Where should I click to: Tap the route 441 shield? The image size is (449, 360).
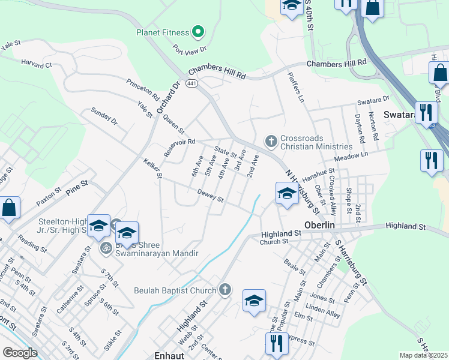pyautogui.click(x=191, y=83)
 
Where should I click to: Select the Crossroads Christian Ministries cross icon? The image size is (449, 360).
pyautogui.click(x=271, y=142)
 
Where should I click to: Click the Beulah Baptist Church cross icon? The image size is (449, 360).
pyautogui.click(x=225, y=290)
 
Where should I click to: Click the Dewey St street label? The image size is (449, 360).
pyautogui.click(x=210, y=196)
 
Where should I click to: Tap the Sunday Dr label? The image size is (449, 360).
pyautogui.click(x=104, y=116)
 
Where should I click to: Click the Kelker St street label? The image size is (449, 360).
pyautogui.click(x=152, y=168)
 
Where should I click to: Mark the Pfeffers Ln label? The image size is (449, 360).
pyautogui.click(x=296, y=88)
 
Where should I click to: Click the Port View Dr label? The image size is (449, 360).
pyautogui.click(x=190, y=49)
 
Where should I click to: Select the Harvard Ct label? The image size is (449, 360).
pyautogui.click(x=37, y=63)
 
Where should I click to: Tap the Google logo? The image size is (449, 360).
pyautogui.click(x=19, y=353)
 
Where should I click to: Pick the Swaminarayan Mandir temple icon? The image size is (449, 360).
pyautogui.click(x=105, y=247)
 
